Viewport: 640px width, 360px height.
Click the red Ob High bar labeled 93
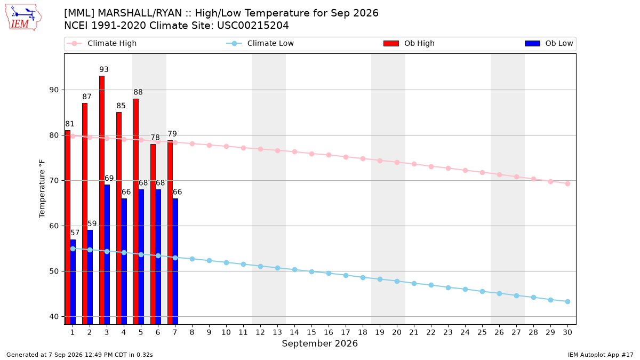pyautogui.click(x=102, y=200)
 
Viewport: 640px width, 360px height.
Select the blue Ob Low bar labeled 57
pyautogui.click(x=73, y=282)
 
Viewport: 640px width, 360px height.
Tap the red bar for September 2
pyautogui.click(x=85, y=214)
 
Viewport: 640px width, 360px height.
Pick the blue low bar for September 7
pyautogui.click(x=175, y=261)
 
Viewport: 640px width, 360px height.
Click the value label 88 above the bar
pyautogui.click(x=138, y=92)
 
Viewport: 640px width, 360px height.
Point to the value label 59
pyautogui.click(x=92, y=223)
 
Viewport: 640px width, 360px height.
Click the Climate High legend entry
pyautogui.click(x=102, y=43)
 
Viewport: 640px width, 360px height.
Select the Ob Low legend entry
pyautogui.click(x=549, y=43)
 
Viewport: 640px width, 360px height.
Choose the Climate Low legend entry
pyautogui.click(x=260, y=43)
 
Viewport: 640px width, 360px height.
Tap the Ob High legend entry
pyautogui.click(x=409, y=43)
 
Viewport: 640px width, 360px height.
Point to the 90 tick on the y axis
pyautogui.click(x=54, y=90)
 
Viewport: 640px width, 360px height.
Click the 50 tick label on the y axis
pyautogui.click(x=54, y=271)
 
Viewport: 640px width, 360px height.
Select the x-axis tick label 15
pyautogui.click(x=311, y=332)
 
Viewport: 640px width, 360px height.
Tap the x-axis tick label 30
pyautogui.click(x=567, y=332)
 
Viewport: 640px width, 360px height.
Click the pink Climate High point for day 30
pyautogui.click(x=567, y=183)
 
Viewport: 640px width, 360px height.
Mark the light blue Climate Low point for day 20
pyautogui.click(x=397, y=282)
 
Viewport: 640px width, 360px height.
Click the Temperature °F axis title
pyautogui.click(x=42, y=189)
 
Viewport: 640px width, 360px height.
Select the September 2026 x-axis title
pyautogui.click(x=319, y=343)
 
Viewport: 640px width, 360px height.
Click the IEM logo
pyautogui.click(x=23, y=18)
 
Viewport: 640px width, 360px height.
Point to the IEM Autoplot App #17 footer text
pyautogui.click(x=601, y=355)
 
